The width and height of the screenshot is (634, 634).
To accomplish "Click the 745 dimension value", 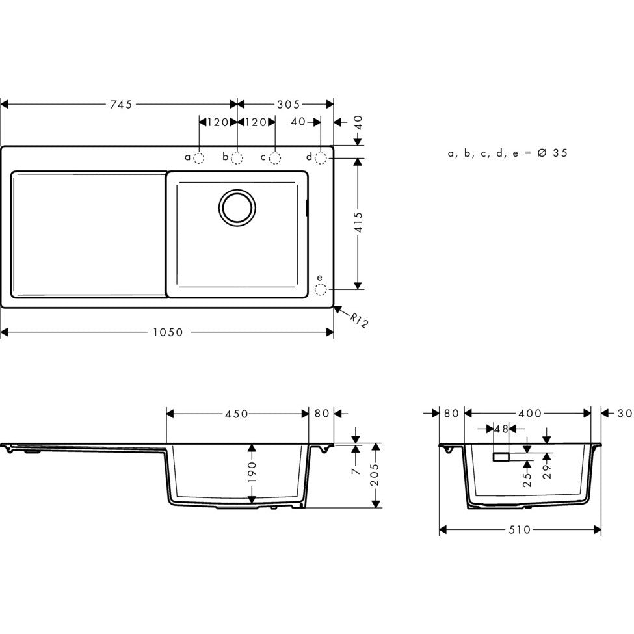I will (120, 104).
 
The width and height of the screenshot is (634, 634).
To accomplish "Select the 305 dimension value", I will (287, 104).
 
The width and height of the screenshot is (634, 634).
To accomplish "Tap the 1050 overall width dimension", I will (168, 332).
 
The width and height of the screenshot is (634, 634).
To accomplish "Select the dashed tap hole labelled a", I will (199, 157).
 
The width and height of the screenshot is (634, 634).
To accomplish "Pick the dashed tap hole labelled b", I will (237, 157).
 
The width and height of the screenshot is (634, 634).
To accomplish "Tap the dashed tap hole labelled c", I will (275, 157).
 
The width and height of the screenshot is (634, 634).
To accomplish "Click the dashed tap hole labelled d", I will (321, 157).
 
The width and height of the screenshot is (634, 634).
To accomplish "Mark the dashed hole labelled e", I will (320, 289).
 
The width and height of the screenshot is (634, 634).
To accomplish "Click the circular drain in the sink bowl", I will (237, 208).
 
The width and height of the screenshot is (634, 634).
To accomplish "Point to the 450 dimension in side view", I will (237, 414).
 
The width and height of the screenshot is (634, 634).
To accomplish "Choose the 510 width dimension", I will (520, 530).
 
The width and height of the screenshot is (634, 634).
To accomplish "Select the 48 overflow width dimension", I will (501, 429).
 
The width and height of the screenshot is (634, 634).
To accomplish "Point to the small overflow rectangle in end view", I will (501, 457).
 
